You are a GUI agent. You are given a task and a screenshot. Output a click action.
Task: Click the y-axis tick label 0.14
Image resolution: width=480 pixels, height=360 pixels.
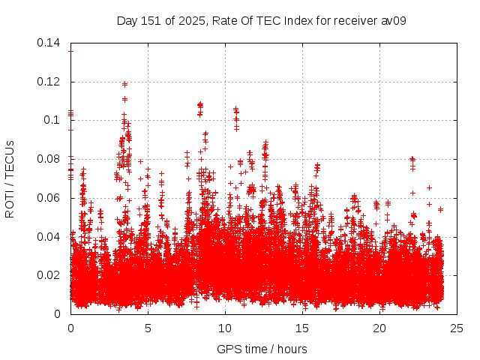point(49,43)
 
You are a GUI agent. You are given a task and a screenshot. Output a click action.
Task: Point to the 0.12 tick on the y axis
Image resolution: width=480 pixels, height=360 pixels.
point(49,82)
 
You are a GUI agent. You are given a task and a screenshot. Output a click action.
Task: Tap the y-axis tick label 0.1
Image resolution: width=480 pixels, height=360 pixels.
point(52,120)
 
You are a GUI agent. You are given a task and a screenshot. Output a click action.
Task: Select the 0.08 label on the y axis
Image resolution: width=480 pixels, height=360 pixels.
point(49,159)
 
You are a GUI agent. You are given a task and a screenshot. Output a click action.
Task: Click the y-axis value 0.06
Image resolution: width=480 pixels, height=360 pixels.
point(49,198)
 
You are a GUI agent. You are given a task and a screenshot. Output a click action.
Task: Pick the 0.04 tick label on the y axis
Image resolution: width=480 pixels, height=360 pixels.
point(49,237)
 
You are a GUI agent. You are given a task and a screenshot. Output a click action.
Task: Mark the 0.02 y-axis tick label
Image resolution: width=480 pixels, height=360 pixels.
point(49,275)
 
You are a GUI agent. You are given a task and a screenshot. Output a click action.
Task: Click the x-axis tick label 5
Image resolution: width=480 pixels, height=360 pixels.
point(148,328)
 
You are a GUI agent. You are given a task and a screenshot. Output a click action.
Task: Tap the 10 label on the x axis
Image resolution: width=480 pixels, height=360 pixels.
point(225,328)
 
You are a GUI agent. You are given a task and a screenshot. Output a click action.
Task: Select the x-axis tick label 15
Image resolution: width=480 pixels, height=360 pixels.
point(302,328)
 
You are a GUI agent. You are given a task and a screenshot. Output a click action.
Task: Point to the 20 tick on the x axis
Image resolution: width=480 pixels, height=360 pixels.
point(379,328)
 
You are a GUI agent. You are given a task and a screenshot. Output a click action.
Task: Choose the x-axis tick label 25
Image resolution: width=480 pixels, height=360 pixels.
point(457,328)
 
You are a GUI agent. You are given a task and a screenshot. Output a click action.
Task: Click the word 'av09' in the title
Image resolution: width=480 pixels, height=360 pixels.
point(394,20)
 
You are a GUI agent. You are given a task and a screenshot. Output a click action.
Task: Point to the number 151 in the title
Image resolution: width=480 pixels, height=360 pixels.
point(149,20)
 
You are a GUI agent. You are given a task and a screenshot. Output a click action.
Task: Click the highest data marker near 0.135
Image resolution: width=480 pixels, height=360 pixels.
point(70,51)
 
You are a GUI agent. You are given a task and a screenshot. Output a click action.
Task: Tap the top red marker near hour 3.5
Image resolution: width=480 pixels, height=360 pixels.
point(124,83)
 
